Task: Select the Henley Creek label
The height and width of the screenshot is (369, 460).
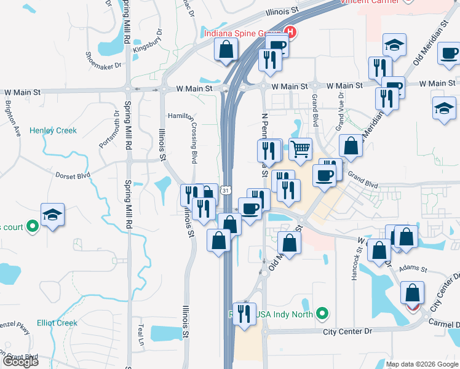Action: click(54, 130)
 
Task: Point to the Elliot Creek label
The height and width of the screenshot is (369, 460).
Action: click(57, 323)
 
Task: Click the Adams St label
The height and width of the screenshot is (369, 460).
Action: click(408, 269)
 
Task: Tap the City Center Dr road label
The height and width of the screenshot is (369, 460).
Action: click(348, 331)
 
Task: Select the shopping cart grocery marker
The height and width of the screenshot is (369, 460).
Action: click(300, 148)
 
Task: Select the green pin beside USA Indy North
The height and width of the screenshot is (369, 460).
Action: click(321, 314)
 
